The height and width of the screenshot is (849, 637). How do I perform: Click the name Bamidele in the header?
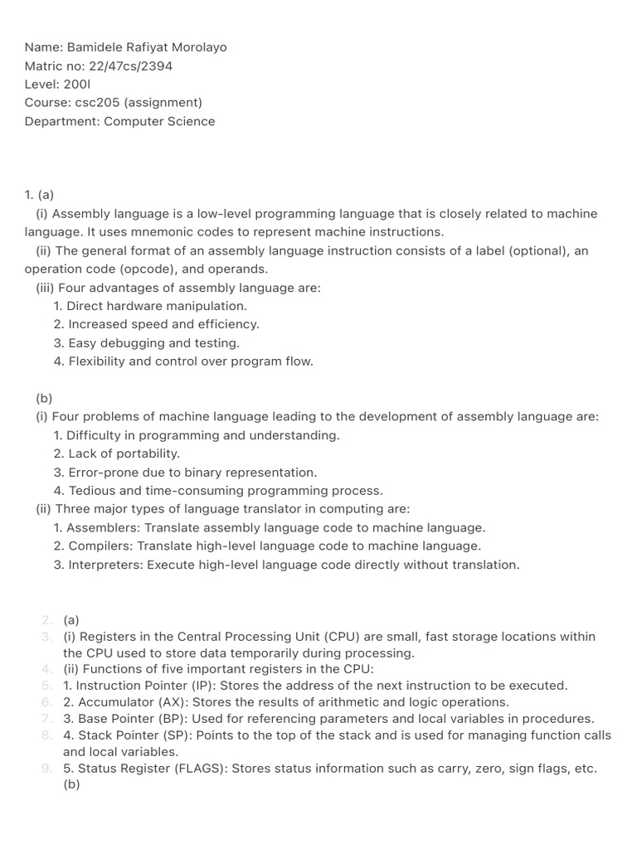[92, 47]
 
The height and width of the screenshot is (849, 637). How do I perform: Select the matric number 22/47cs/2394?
[129, 66]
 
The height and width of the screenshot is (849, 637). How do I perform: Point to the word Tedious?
[93, 491]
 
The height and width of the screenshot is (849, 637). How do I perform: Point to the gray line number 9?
[47, 769]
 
